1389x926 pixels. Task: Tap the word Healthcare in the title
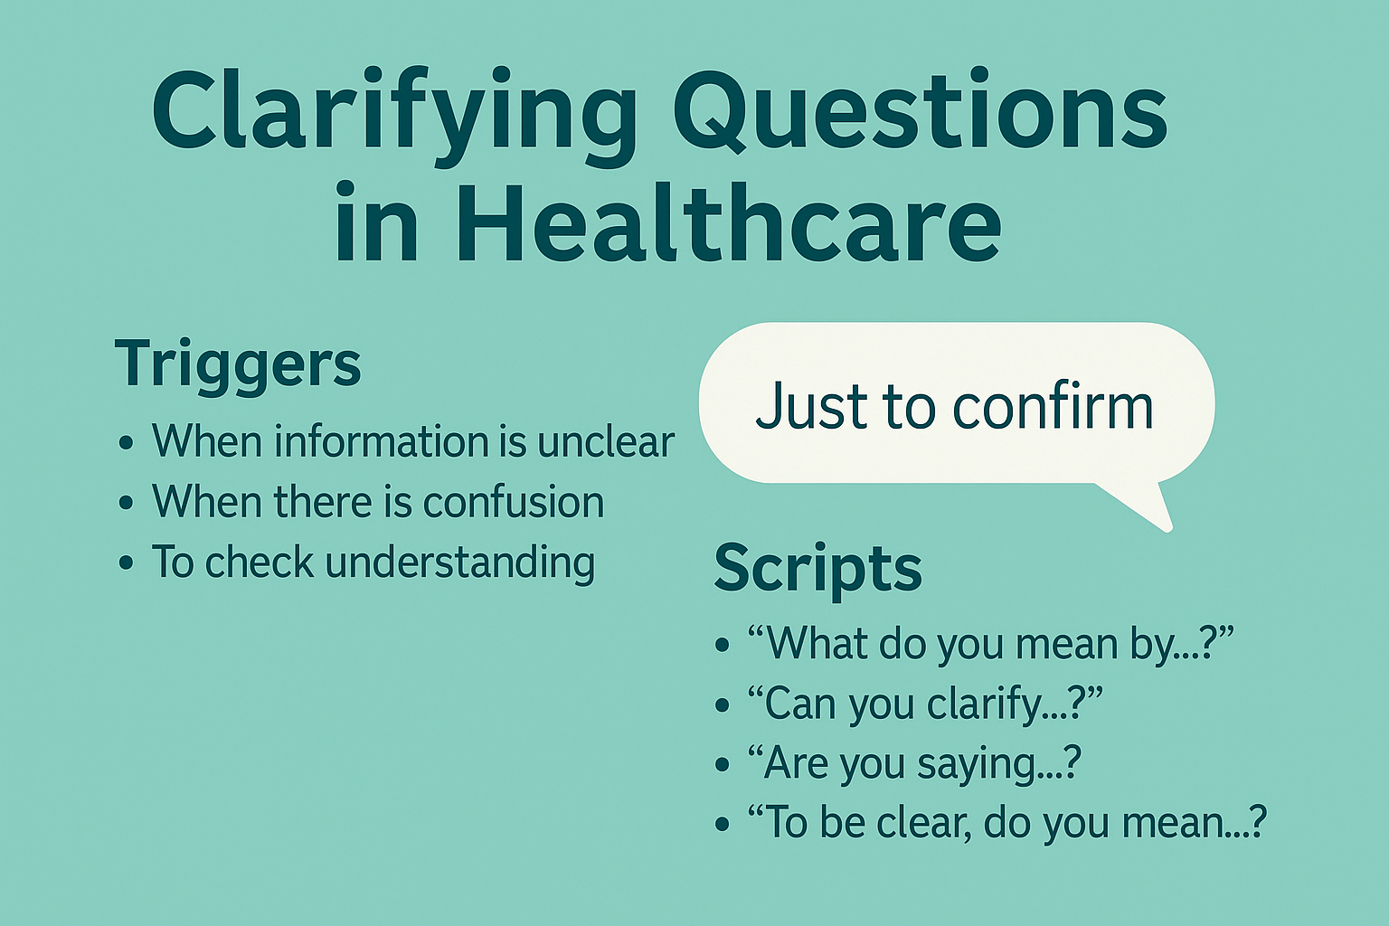coord(728,222)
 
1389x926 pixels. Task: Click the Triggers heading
coord(238,364)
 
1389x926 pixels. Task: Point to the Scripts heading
coord(817,568)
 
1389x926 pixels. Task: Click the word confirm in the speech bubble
coord(1053,406)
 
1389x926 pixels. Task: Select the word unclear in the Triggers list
coord(606,442)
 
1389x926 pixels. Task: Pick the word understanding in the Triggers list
coord(459,563)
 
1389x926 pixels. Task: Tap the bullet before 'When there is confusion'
coord(126,504)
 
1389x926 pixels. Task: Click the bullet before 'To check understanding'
coord(126,563)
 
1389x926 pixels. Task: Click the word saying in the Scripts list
coord(978,764)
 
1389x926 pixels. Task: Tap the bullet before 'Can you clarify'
coord(722,704)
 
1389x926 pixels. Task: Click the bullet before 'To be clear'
coord(722,824)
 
